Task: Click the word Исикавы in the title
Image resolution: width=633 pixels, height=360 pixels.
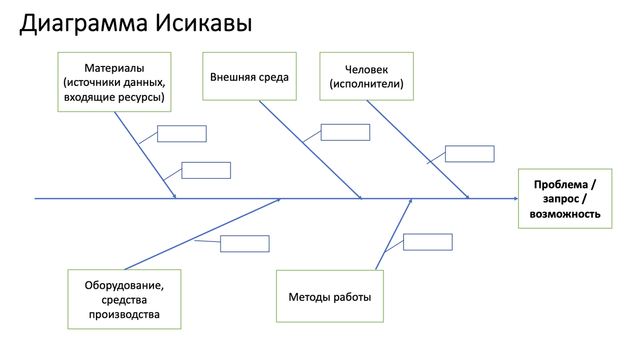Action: (x=204, y=23)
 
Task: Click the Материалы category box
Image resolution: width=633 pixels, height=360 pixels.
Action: (x=114, y=82)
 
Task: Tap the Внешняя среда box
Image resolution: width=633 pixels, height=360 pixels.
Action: (x=250, y=76)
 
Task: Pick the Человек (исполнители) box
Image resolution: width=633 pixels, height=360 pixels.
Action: (x=367, y=76)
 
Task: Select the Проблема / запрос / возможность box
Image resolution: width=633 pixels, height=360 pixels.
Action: (x=565, y=199)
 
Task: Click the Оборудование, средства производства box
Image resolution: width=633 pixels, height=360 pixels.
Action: (x=124, y=299)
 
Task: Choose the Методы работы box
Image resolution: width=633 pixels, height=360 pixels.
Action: (x=330, y=297)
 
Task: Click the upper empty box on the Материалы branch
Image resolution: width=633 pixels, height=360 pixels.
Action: (x=181, y=134)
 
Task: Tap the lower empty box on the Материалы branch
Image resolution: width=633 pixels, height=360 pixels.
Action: (x=206, y=170)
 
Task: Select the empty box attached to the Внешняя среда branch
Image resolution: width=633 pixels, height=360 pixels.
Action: (x=345, y=132)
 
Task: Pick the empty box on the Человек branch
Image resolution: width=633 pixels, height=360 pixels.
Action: (x=469, y=154)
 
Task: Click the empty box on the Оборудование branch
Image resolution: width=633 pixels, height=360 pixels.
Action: (x=245, y=244)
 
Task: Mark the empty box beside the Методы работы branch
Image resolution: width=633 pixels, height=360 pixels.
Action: (x=427, y=242)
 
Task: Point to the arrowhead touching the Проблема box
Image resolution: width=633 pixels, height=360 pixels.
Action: (x=516, y=199)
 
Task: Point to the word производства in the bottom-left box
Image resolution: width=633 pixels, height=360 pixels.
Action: (x=124, y=315)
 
